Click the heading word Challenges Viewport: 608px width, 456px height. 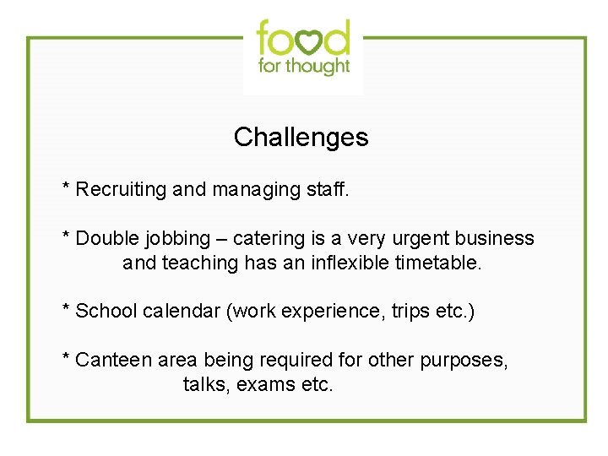[x=301, y=137]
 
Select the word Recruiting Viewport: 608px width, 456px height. [x=122, y=189]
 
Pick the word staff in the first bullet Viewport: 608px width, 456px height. [x=328, y=189]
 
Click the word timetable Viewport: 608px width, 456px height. [x=439, y=263]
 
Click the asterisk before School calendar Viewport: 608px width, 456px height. [x=66, y=308]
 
